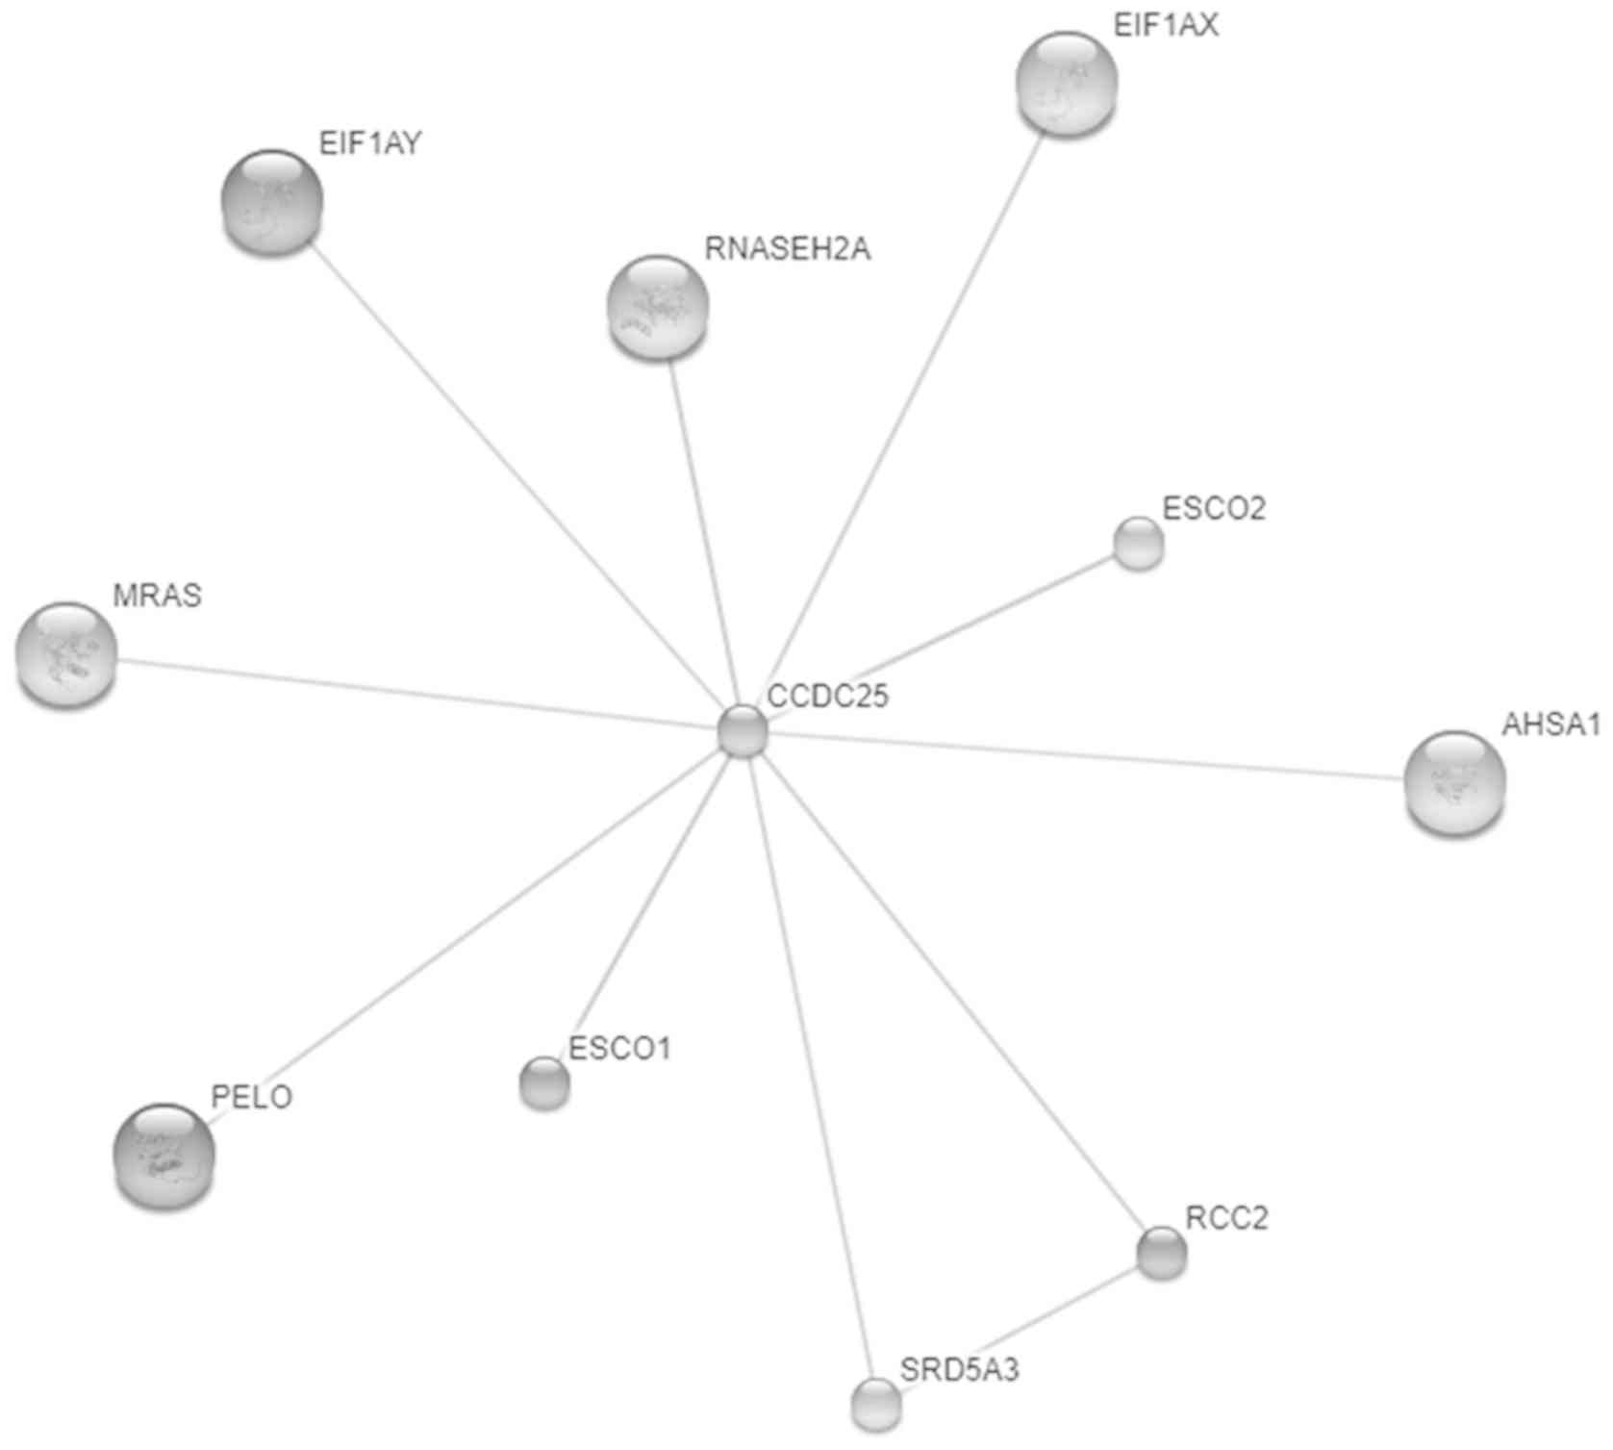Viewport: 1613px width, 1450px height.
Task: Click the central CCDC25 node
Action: (x=743, y=731)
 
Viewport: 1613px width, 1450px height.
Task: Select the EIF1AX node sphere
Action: (x=1067, y=84)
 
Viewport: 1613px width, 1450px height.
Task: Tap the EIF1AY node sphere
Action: (x=272, y=202)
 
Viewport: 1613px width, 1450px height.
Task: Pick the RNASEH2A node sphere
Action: (x=658, y=307)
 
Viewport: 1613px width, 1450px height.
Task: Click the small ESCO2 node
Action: (x=1138, y=544)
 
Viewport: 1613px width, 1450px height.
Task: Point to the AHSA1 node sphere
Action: (x=1454, y=783)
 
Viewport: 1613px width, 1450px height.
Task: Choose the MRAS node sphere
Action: (x=66, y=655)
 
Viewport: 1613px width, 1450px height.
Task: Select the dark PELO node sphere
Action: (x=164, y=1155)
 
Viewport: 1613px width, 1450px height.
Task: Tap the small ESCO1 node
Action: (x=544, y=1082)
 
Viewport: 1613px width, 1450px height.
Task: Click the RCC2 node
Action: (x=1161, y=1253)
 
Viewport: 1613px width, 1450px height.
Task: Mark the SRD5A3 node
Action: (x=876, y=1403)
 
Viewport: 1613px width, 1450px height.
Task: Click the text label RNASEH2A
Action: (x=787, y=249)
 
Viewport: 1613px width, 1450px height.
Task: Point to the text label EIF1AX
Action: (x=1165, y=26)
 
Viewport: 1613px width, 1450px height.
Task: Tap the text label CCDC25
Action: (x=827, y=695)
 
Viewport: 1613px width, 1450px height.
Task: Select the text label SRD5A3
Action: (x=959, y=1368)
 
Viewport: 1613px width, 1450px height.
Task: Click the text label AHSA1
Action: (x=1550, y=725)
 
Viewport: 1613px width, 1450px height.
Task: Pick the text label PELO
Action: (x=251, y=1097)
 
